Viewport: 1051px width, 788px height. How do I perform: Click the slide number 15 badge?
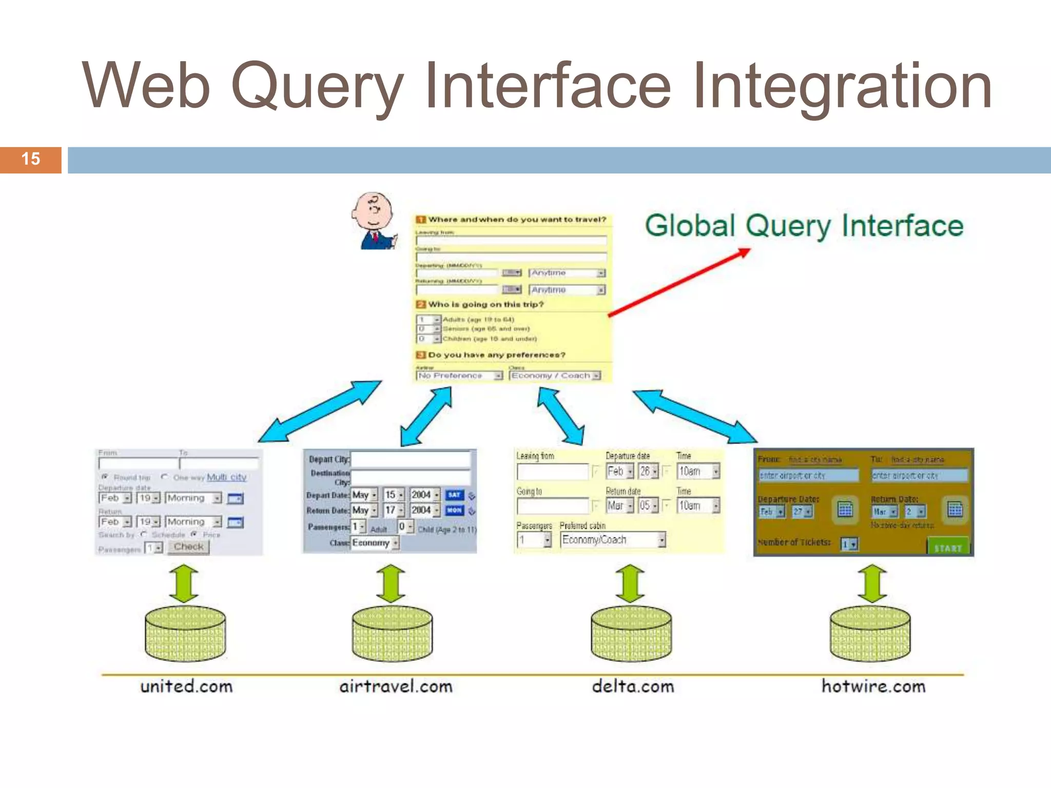(x=31, y=160)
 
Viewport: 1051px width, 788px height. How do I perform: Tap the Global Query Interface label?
(x=804, y=226)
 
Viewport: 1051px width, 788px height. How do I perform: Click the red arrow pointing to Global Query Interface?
(x=677, y=283)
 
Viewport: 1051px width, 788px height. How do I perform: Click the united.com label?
(x=186, y=686)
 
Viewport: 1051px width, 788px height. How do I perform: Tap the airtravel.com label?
(x=396, y=686)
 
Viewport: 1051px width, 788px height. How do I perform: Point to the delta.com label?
(x=632, y=686)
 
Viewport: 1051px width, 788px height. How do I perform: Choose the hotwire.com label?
(x=873, y=686)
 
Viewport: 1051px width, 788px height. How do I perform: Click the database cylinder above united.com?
(x=185, y=634)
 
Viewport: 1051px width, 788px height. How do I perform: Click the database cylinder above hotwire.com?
(x=870, y=634)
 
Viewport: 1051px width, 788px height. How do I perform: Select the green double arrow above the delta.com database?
(x=630, y=584)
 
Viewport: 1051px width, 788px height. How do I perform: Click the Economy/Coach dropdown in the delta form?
(x=612, y=540)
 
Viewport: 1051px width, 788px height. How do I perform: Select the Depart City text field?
(x=410, y=459)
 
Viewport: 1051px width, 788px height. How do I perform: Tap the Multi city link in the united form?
(x=226, y=477)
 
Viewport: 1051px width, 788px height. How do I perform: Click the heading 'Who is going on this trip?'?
(x=485, y=305)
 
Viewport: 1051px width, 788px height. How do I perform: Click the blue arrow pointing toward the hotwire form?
(x=695, y=417)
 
